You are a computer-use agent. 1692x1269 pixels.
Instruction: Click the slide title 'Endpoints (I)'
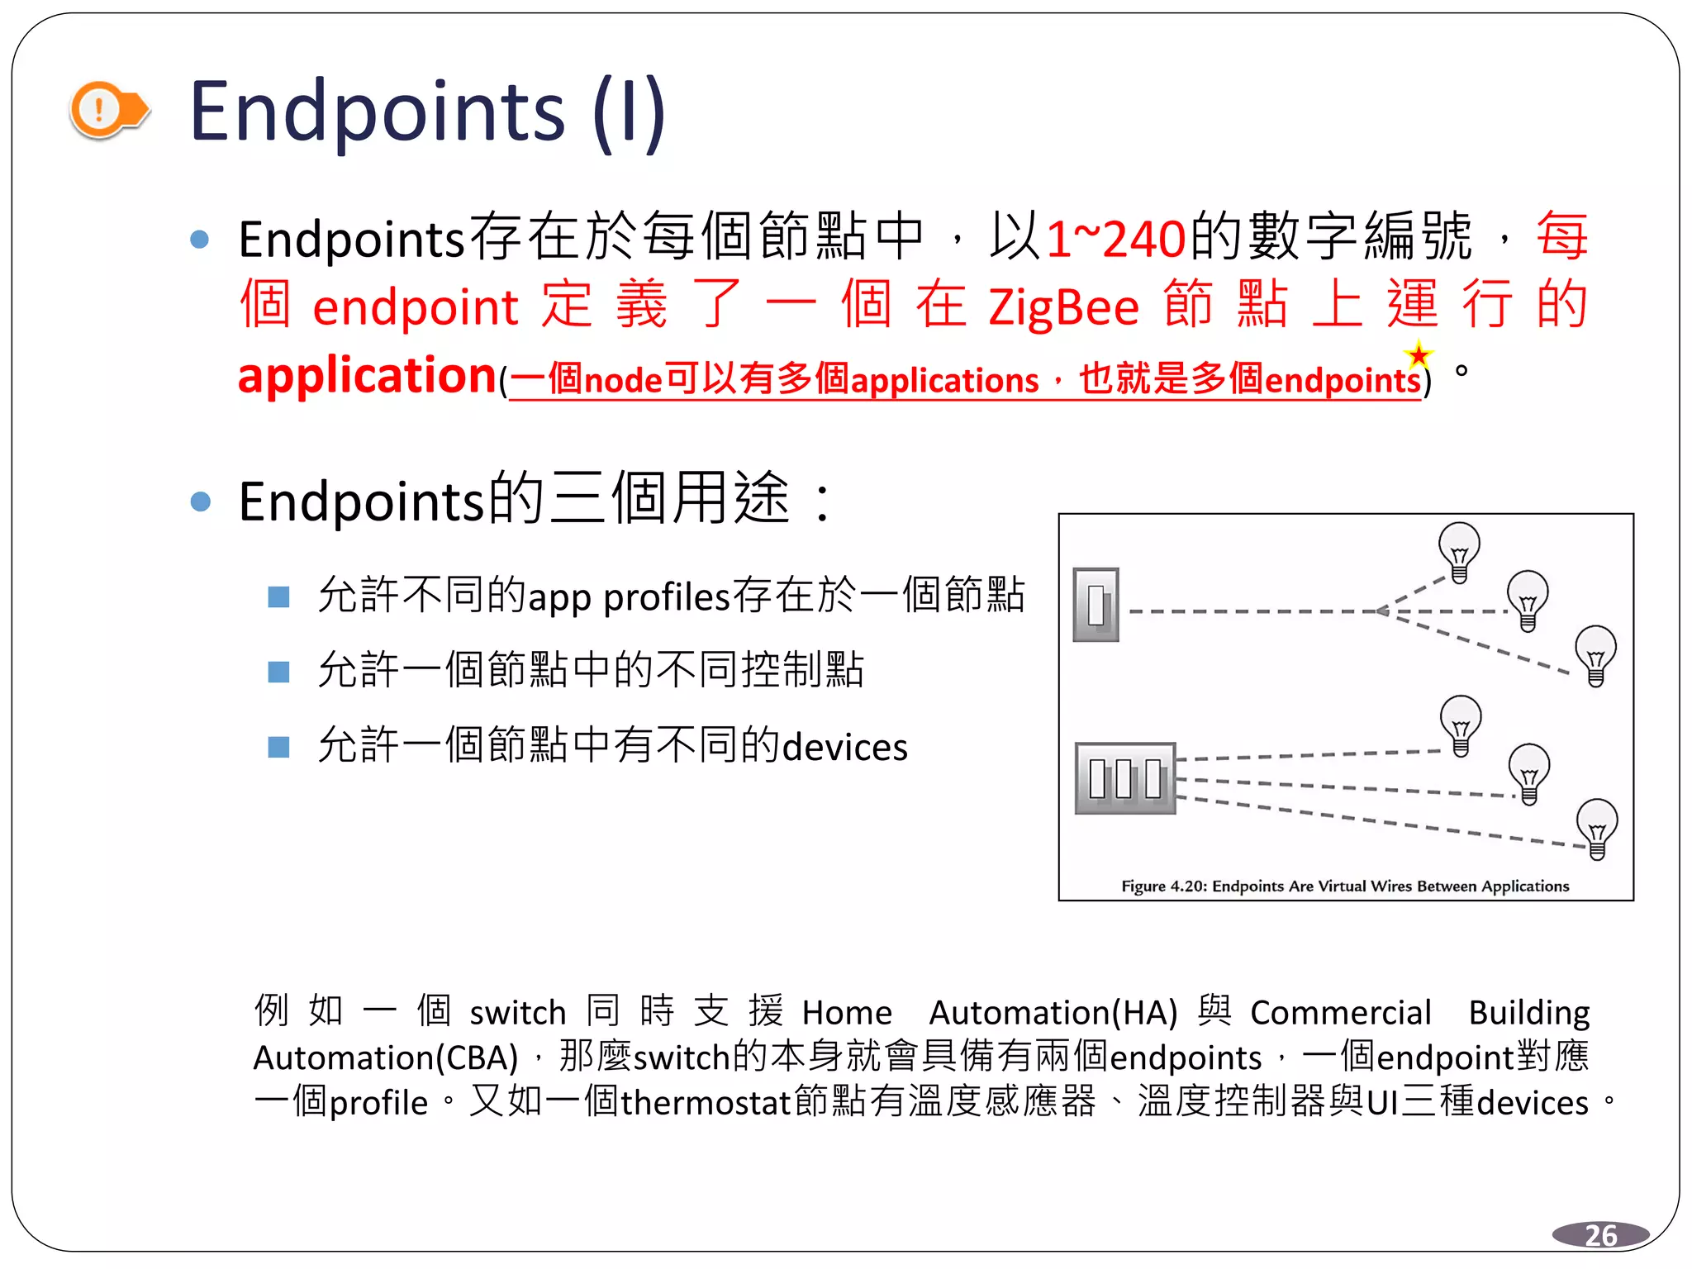427,112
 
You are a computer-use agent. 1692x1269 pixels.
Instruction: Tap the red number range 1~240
1115,240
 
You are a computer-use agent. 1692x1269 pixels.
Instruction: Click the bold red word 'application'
366,376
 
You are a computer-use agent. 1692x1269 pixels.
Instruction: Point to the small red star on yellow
1419,355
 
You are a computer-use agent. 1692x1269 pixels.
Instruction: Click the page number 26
1600,1235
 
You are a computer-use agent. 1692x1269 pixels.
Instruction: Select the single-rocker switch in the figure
1096,605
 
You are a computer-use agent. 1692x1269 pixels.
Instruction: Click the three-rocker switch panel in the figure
1125,778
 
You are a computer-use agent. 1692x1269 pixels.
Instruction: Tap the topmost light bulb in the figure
1459,550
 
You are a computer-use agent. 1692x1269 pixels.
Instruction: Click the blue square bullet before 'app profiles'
279,596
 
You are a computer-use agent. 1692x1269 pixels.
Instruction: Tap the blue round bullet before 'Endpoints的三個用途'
200,501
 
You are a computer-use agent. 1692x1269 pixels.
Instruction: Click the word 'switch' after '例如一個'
518,1013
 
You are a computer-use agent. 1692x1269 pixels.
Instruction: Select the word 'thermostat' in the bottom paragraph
706,1103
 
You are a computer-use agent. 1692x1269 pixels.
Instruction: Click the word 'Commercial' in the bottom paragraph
1340,1013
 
